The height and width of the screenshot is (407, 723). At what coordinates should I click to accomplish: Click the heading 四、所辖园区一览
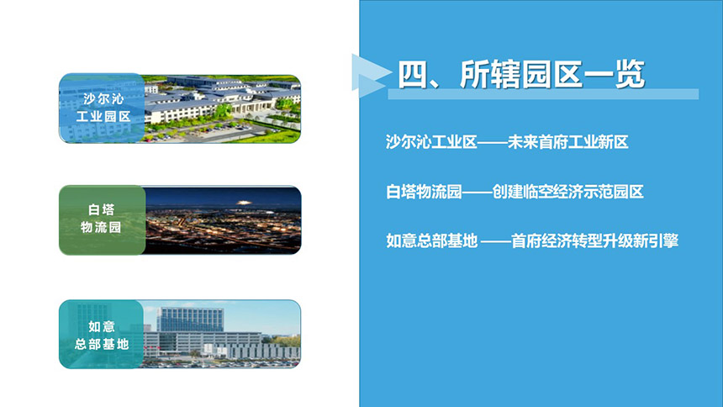(521, 74)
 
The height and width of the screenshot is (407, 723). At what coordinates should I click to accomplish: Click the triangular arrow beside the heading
(370, 75)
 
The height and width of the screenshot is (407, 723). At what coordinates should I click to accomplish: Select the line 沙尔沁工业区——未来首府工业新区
(507, 142)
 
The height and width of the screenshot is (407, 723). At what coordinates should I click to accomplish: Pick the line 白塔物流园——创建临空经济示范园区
(515, 192)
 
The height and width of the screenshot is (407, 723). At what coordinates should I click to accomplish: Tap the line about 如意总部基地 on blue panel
(532, 240)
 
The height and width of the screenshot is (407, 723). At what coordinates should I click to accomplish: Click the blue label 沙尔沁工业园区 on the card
(103, 108)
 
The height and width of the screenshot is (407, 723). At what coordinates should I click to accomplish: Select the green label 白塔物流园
(101, 219)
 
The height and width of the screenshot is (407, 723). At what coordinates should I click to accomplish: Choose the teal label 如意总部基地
(102, 335)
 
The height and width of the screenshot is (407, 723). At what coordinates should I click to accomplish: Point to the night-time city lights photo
(223, 220)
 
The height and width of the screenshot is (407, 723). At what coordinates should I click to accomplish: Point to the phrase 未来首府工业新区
(568, 142)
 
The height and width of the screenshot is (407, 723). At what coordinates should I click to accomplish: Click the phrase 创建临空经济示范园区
(568, 192)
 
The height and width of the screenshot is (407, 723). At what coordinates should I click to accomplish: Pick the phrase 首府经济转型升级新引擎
(595, 240)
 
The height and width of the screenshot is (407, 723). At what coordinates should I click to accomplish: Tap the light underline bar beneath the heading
(543, 94)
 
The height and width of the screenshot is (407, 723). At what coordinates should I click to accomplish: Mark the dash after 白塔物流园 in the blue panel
(478, 192)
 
